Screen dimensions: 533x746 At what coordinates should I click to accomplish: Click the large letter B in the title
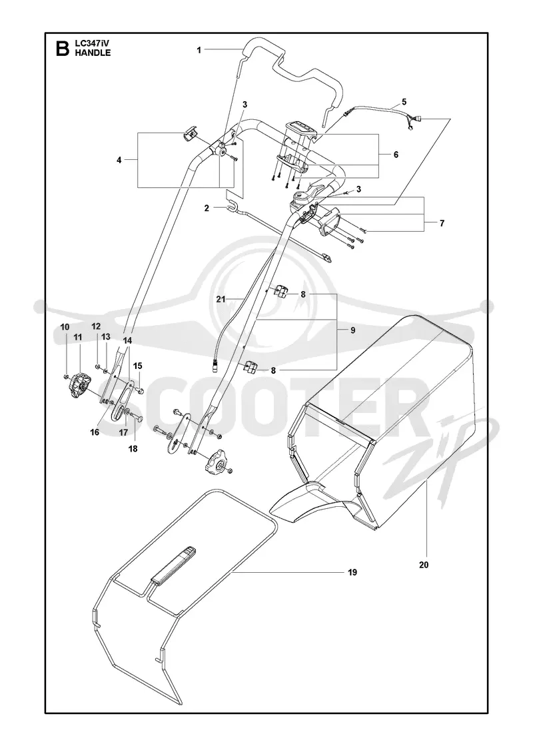pos(62,49)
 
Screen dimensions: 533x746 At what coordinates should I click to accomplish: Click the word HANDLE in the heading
pos(93,53)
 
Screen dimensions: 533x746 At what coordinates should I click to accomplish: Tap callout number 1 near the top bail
pos(199,50)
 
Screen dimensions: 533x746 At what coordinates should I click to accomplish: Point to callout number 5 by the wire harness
pos(404,102)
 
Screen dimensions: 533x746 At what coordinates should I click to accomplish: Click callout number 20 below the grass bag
pos(424,565)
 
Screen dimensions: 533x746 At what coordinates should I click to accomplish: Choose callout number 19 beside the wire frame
pos(352,572)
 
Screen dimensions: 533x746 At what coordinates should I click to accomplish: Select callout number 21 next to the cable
pos(221,299)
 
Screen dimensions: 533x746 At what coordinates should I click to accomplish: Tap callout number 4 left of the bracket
pos(119,161)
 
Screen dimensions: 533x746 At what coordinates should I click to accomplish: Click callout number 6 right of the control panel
pos(396,155)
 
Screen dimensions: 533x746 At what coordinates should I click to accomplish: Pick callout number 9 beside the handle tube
pos(352,330)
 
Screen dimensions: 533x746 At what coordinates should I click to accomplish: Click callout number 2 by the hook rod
pos(207,208)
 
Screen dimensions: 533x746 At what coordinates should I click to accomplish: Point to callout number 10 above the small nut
pos(65,327)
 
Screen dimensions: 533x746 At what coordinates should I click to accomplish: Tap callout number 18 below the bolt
pos(133,448)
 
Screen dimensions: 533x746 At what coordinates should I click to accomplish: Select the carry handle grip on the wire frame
pos(173,565)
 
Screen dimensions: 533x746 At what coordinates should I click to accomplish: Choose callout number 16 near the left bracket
pos(95,432)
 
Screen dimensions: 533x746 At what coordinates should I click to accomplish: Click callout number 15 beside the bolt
pos(137,366)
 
